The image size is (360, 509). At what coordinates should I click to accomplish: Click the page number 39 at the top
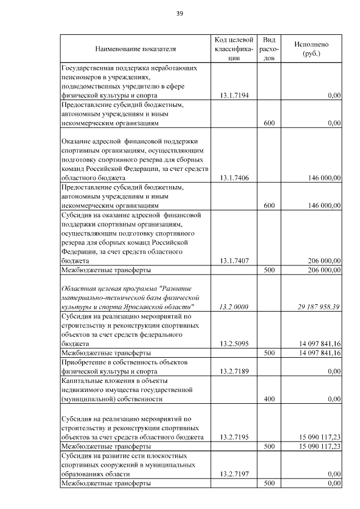(x=179, y=13)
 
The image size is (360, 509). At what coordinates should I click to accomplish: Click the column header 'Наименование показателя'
(x=135, y=48)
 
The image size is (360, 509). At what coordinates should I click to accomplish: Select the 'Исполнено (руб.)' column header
(x=311, y=48)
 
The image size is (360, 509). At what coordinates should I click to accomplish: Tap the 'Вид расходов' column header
(x=269, y=48)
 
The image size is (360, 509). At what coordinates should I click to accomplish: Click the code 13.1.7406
(x=235, y=178)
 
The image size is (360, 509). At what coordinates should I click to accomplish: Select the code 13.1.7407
(x=235, y=261)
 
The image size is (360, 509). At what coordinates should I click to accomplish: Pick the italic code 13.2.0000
(x=235, y=307)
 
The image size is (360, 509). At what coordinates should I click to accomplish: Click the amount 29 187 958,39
(x=317, y=307)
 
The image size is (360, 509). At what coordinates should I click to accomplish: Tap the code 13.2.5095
(x=235, y=343)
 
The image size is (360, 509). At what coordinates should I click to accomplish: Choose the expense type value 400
(x=269, y=399)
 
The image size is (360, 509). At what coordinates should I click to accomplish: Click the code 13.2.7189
(x=235, y=371)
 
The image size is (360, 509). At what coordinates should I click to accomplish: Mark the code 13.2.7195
(x=235, y=436)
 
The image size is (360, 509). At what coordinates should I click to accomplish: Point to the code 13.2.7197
(x=235, y=474)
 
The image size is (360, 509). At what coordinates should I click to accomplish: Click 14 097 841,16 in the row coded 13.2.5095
(x=317, y=343)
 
